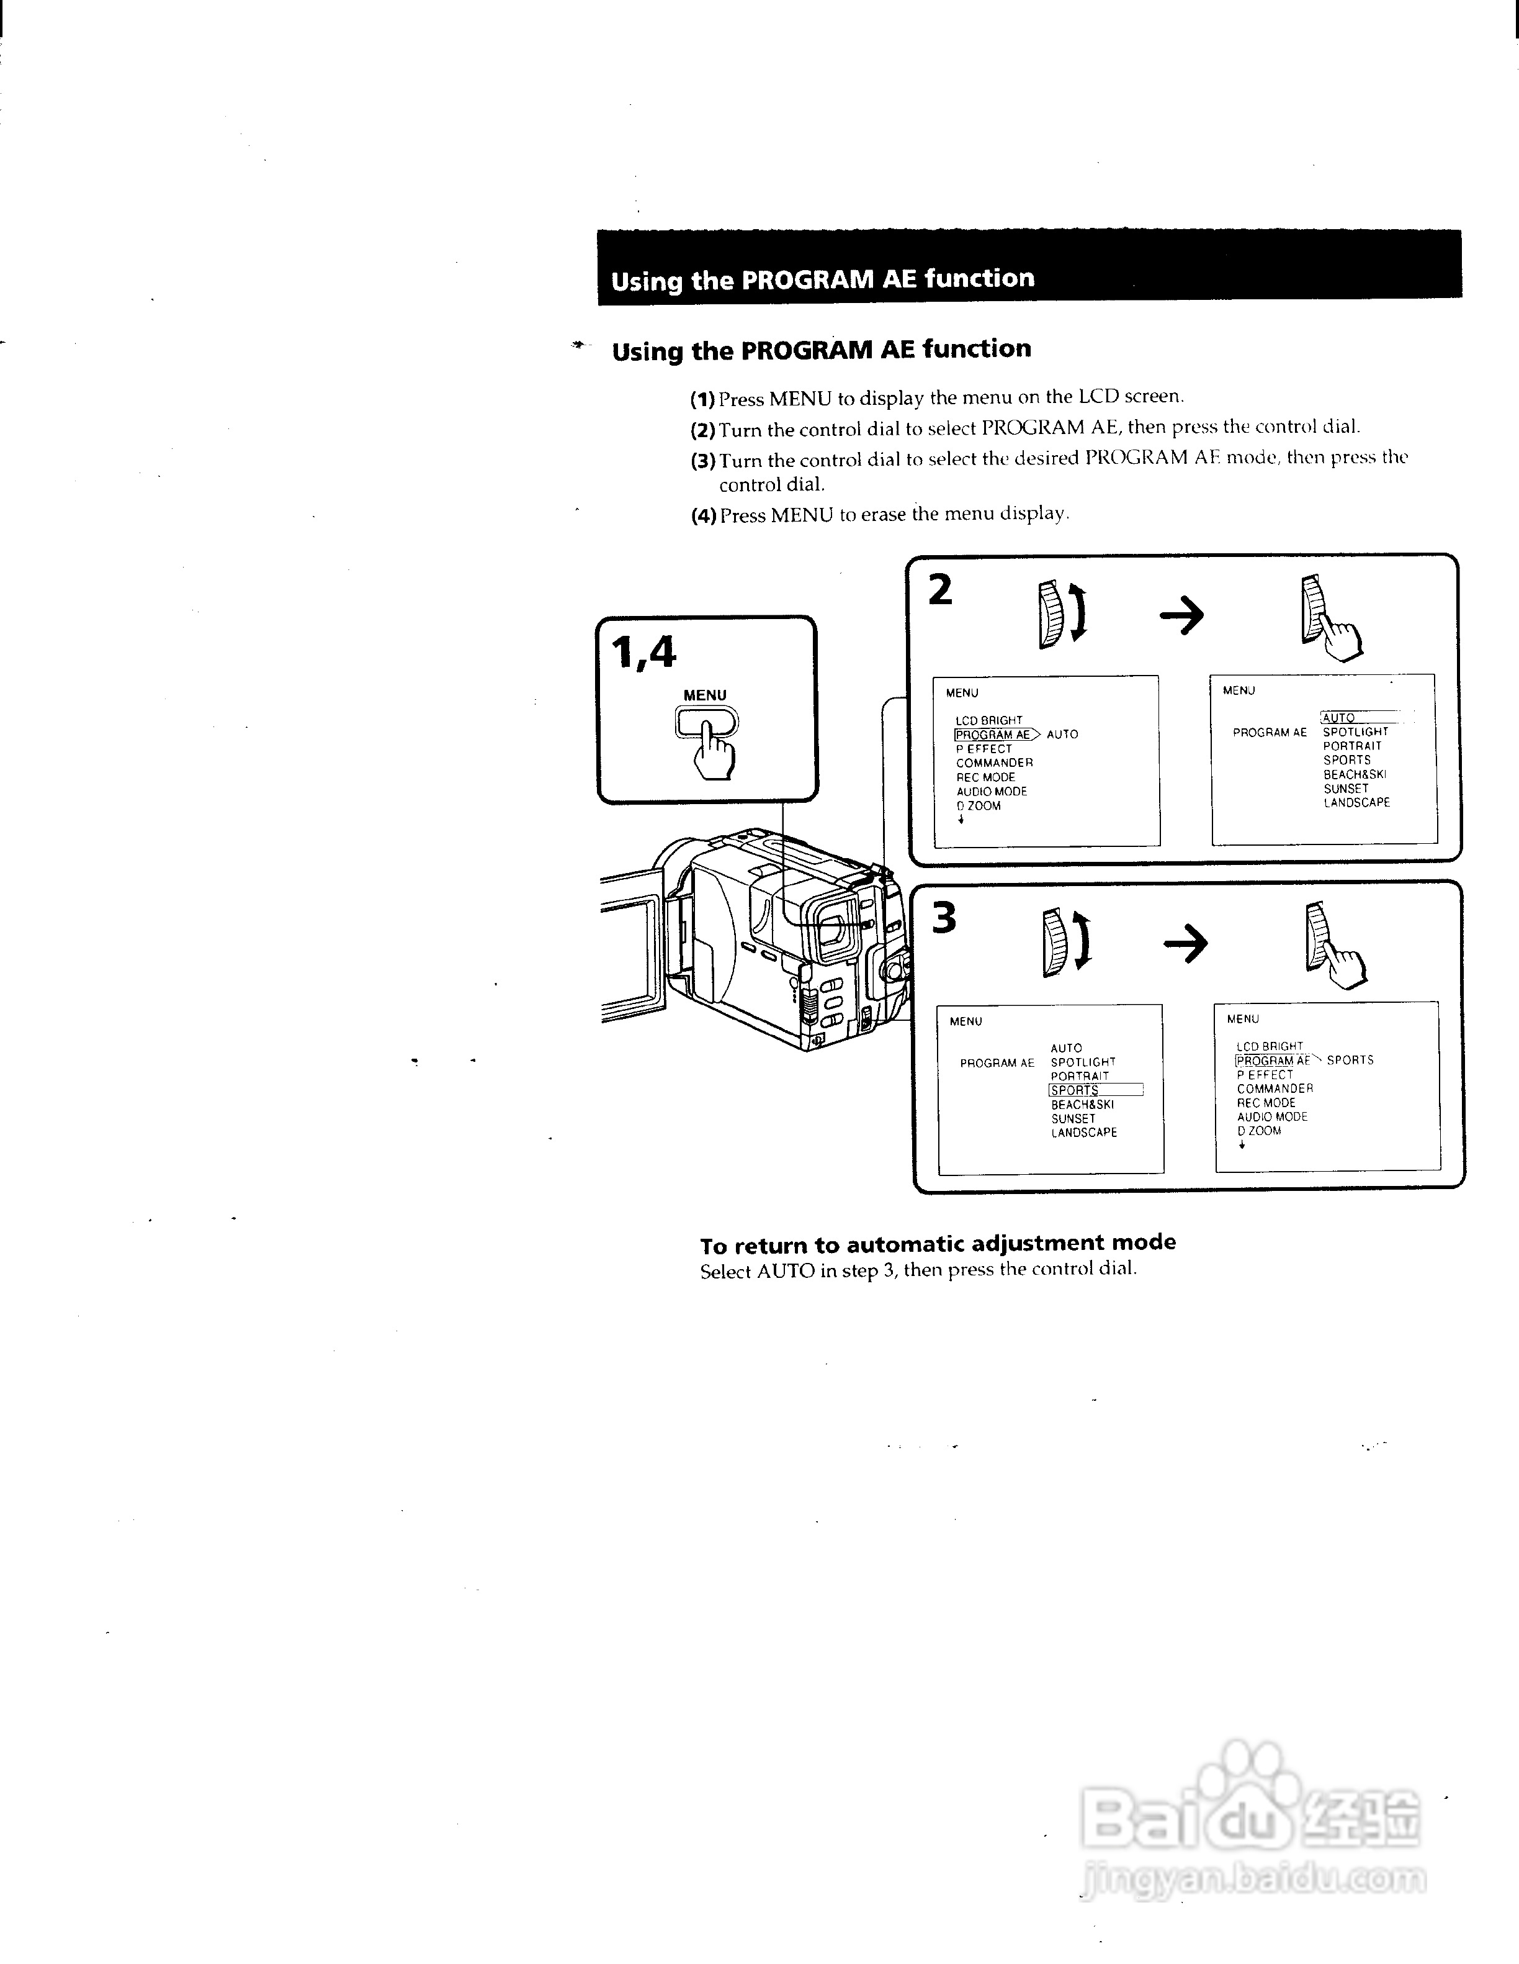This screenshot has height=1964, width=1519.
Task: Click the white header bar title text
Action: [822, 279]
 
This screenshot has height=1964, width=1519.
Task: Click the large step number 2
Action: [940, 591]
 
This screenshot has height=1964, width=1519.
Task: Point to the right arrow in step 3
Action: [1186, 943]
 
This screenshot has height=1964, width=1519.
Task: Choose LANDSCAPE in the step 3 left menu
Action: [1084, 1133]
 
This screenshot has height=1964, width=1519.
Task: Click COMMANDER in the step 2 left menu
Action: [994, 763]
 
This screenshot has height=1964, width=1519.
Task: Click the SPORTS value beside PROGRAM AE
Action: [1350, 1060]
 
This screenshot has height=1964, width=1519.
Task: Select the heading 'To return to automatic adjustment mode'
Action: [938, 1244]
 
